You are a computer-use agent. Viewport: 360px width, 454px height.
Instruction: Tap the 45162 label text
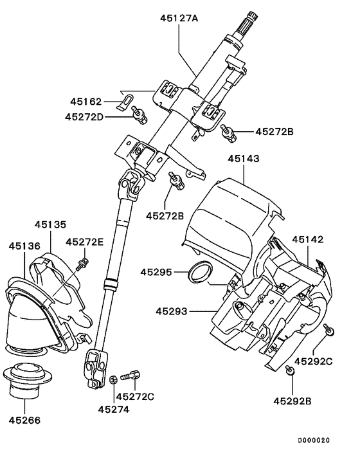pos(86,101)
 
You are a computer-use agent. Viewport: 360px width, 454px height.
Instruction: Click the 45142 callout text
pos(310,239)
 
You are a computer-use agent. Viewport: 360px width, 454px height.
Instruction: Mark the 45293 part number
pos(172,311)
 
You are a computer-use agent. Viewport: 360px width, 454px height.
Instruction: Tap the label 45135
pos(50,226)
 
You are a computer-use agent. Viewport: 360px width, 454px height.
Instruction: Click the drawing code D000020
pos(313,440)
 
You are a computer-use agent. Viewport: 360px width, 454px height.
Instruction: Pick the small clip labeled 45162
pos(128,100)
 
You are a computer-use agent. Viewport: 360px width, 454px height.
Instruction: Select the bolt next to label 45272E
pos(82,262)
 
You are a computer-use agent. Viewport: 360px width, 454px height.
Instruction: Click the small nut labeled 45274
pos(113,379)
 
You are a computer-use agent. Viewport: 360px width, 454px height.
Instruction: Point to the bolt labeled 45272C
pos(134,374)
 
